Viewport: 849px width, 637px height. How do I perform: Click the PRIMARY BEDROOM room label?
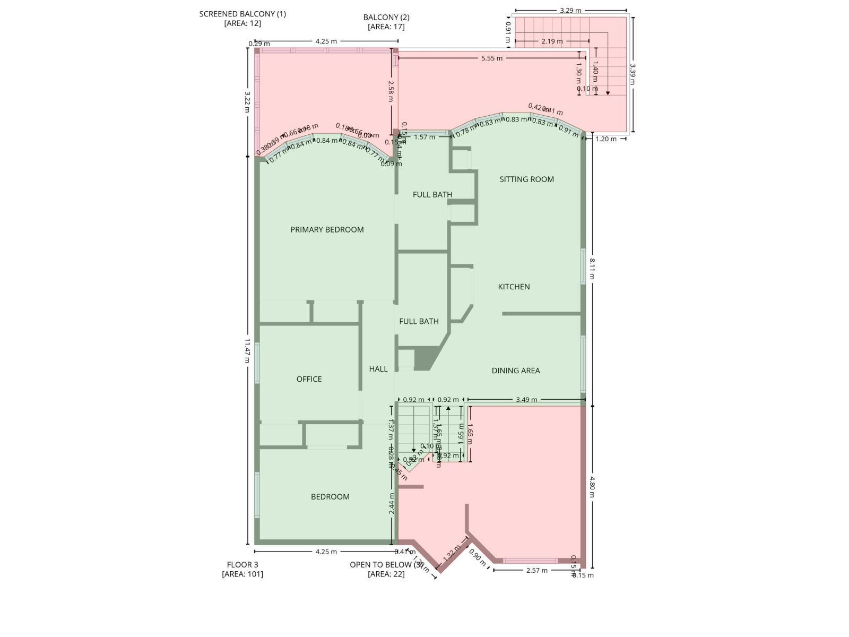[x=327, y=229]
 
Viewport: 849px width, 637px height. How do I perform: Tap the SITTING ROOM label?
[x=526, y=179]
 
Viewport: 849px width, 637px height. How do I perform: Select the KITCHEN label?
[x=514, y=287]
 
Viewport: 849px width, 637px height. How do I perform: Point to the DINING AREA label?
[x=516, y=371]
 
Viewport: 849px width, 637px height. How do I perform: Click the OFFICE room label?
[x=309, y=379]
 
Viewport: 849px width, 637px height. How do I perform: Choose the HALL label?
[x=378, y=369]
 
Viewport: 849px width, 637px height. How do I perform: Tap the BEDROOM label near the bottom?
[x=330, y=497]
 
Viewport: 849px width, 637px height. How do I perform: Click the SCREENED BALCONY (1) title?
[x=242, y=14]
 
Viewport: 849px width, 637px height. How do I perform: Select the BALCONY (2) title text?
[x=386, y=18]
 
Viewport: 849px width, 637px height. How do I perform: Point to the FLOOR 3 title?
[x=242, y=565]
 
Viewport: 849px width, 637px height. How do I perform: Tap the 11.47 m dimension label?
[x=247, y=350]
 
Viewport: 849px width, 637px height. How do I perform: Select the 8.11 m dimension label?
[x=592, y=269]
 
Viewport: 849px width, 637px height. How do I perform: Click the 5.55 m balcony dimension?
[x=492, y=58]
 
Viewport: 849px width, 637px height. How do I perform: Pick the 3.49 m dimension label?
[x=526, y=400]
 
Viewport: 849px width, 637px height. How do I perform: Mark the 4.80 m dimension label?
[x=592, y=487]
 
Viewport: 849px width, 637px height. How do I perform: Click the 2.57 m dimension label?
[x=536, y=570]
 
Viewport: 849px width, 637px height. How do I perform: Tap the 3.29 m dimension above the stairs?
[x=570, y=10]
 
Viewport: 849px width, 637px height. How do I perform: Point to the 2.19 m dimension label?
[x=552, y=41]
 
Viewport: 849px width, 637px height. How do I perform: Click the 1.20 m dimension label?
[x=606, y=139]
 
